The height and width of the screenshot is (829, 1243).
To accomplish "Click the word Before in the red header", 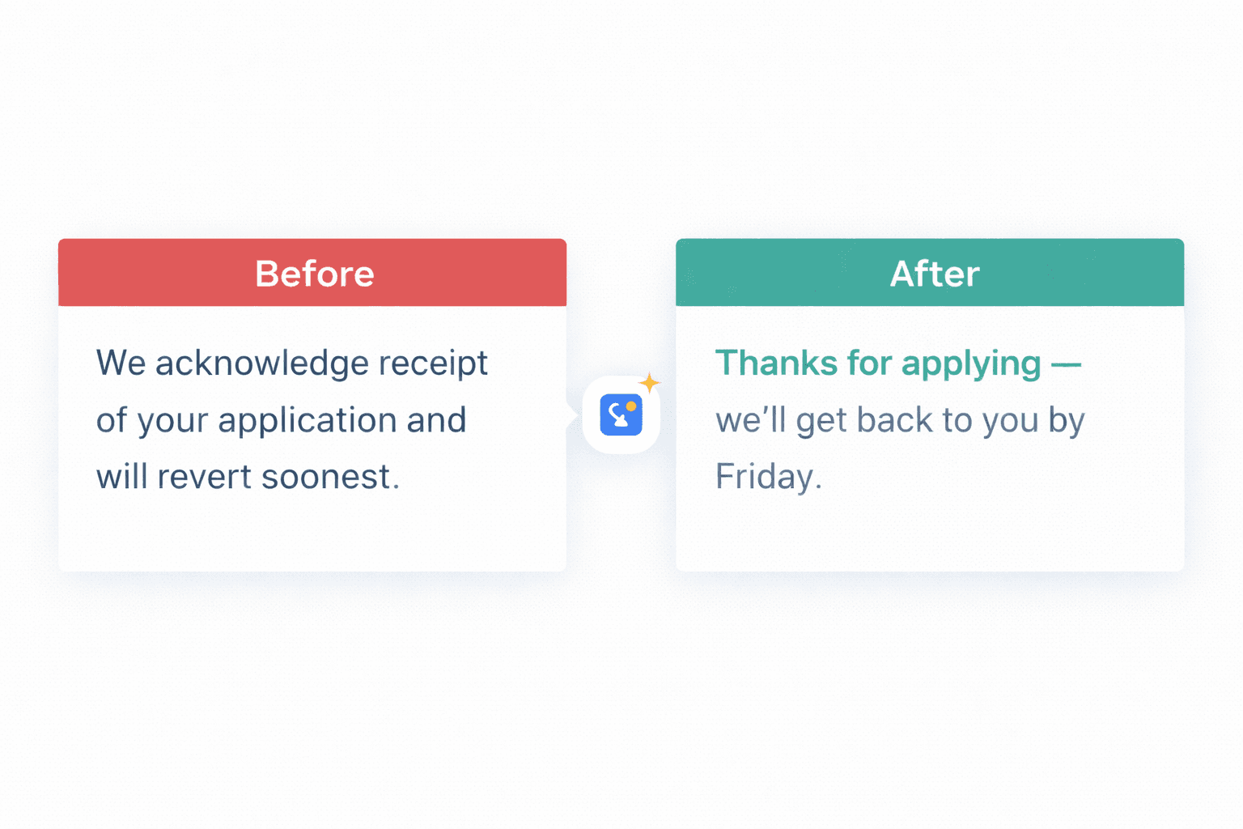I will pyautogui.click(x=315, y=274).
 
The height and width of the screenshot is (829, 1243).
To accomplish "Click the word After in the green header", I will pyautogui.click(x=935, y=274).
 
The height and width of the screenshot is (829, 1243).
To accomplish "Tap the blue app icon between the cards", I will pyautogui.click(x=621, y=415).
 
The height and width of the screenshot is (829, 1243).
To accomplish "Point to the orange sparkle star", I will pyautogui.click(x=649, y=383).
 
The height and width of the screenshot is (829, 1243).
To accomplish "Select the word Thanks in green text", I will pyautogui.click(x=776, y=363).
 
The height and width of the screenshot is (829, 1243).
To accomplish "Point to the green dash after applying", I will pyautogui.click(x=1066, y=365).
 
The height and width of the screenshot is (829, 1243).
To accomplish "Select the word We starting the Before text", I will pyautogui.click(x=121, y=363).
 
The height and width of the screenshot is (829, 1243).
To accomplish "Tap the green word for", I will pyautogui.click(x=869, y=363).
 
